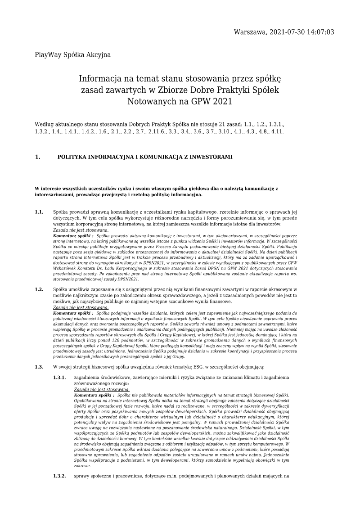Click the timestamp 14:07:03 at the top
point(318,32)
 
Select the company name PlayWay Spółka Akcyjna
point(72,55)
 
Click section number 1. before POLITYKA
point(37,158)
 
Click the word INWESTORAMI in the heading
point(211,158)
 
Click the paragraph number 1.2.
point(39,289)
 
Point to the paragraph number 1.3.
point(39,367)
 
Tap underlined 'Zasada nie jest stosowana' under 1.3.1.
point(102,389)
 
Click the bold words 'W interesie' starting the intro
point(48,188)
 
